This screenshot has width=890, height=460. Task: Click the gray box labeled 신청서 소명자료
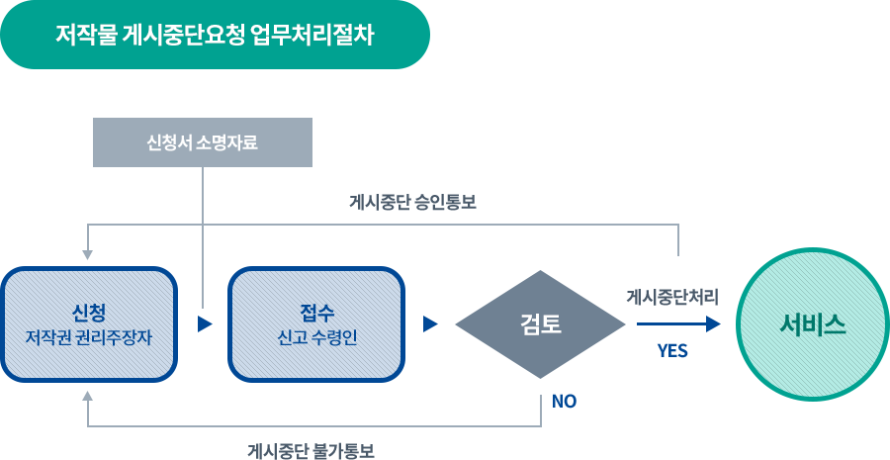coord(202,142)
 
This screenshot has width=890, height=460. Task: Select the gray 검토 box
coord(541,324)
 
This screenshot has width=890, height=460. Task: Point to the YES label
coord(672,350)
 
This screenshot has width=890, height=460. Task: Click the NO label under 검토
coord(564,401)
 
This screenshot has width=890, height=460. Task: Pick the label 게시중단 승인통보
coord(413,202)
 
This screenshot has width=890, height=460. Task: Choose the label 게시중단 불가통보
coord(311,450)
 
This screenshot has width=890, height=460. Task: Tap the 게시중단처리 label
coord(672,296)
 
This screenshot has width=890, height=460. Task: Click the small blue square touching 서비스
coord(713,324)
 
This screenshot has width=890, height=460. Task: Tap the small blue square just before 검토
coord(429,324)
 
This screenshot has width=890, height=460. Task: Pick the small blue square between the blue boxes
coord(204,324)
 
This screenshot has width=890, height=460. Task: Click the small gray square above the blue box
coord(87,254)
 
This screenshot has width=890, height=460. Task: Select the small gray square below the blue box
coord(87,396)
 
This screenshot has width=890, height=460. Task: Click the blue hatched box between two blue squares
coord(316,324)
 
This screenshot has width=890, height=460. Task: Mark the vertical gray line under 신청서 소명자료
coord(203,228)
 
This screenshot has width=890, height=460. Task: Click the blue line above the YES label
coord(668,324)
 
